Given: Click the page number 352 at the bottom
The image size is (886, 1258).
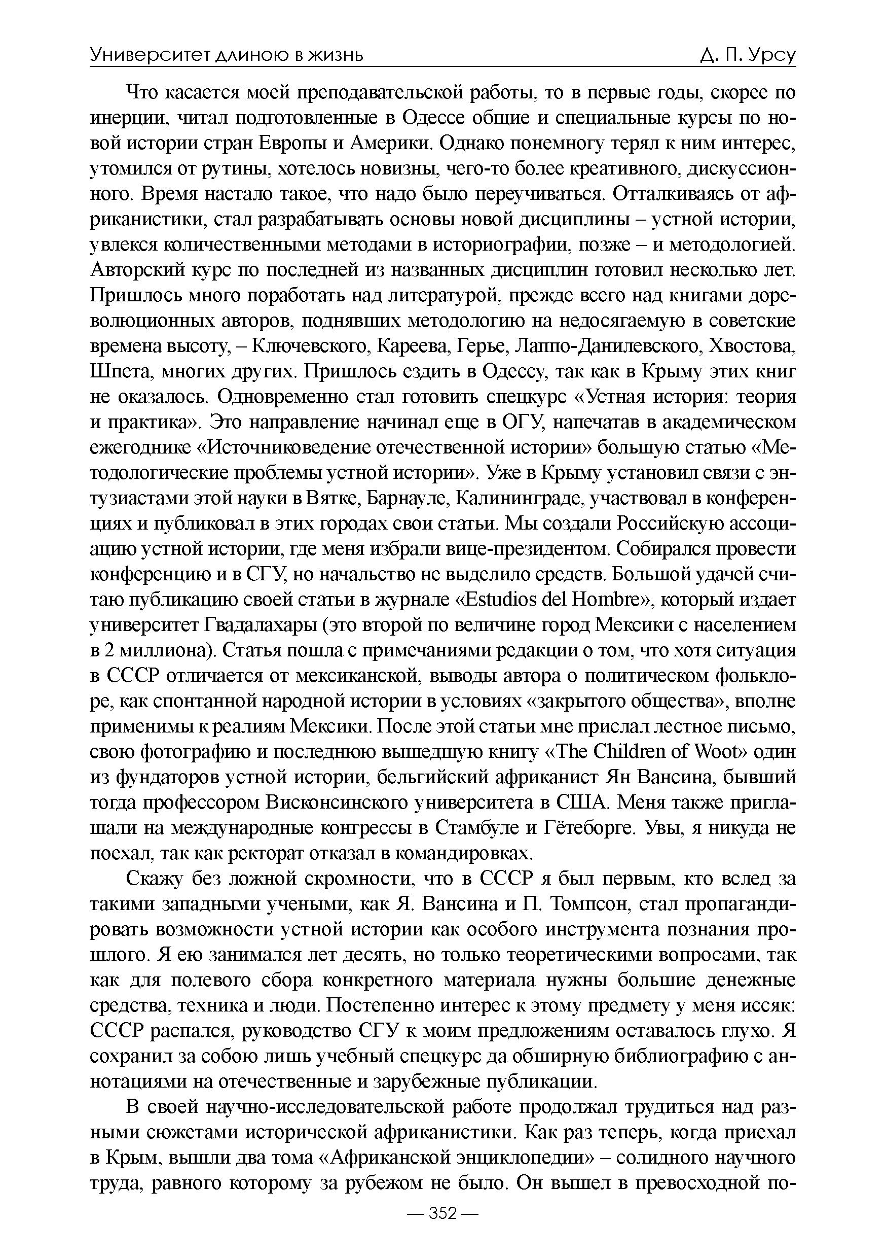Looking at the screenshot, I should tap(443, 1229).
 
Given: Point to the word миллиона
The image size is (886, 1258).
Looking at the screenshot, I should tap(164, 651).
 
